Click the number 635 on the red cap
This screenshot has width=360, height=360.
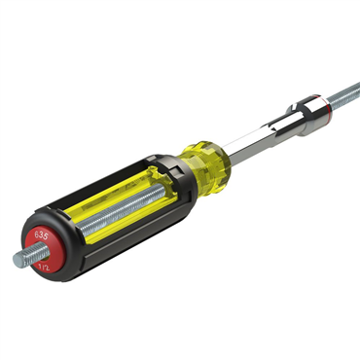[42, 235]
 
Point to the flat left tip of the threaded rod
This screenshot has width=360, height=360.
[17, 260]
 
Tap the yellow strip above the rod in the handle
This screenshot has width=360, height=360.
[117, 194]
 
